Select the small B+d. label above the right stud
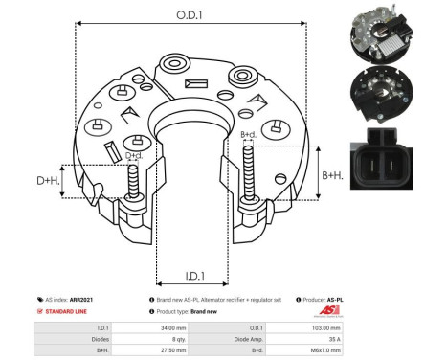pos(247,134)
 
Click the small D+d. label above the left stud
pos(135,155)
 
